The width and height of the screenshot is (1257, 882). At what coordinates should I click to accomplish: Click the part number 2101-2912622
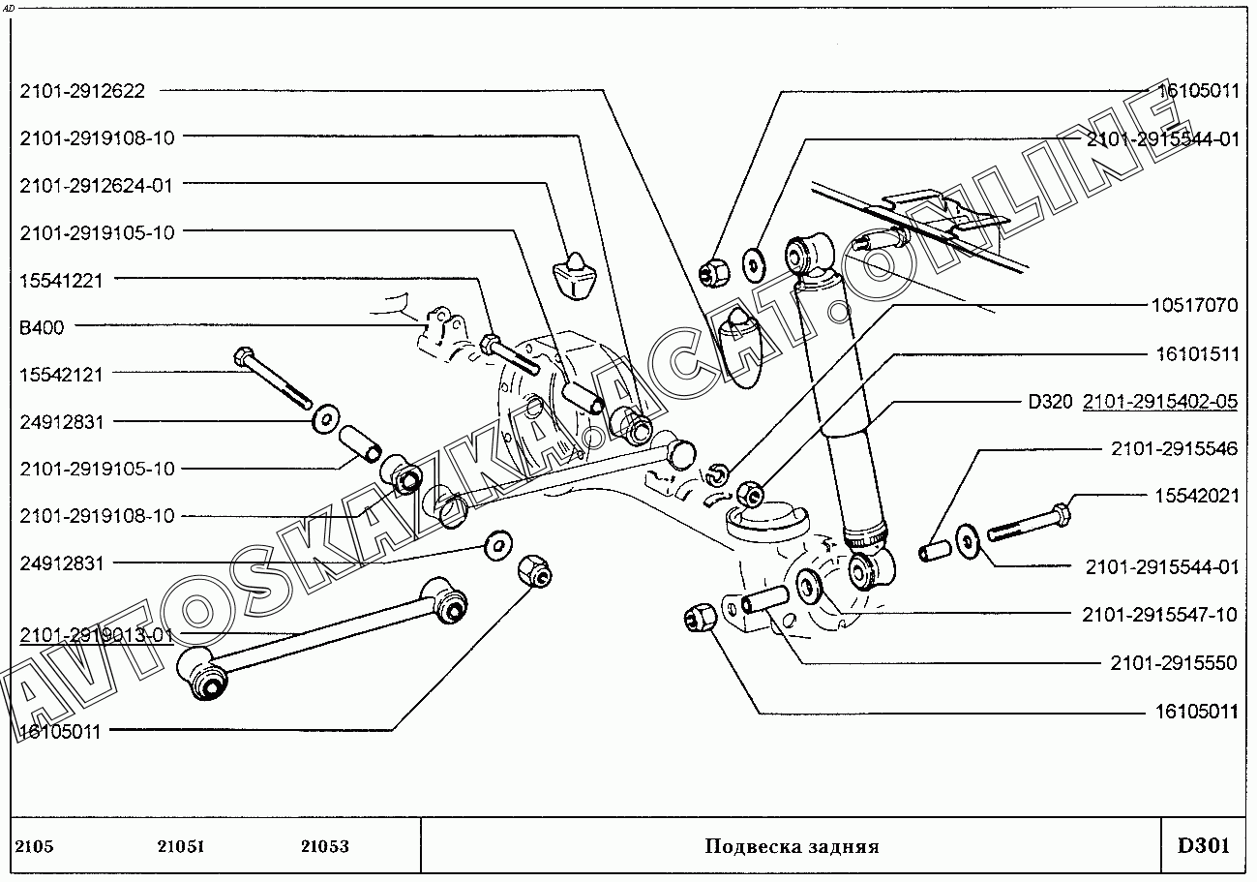pos(82,91)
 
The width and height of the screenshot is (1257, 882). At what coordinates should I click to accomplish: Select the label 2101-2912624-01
pos(96,185)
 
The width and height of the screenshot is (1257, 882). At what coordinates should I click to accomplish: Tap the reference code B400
pos(42,327)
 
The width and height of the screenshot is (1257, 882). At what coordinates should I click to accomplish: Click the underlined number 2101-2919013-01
pos(96,635)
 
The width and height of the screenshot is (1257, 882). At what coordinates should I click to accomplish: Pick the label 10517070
pos(1194,306)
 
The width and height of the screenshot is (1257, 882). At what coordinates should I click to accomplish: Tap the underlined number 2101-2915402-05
pos(1160,402)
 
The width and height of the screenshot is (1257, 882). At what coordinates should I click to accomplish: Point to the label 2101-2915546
pos(1174,448)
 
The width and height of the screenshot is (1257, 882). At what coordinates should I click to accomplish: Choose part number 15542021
pos(1196,496)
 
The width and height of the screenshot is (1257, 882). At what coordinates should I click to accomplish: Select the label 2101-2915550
pos(1174,664)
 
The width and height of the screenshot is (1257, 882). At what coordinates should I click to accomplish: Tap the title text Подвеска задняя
pos(792,847)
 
